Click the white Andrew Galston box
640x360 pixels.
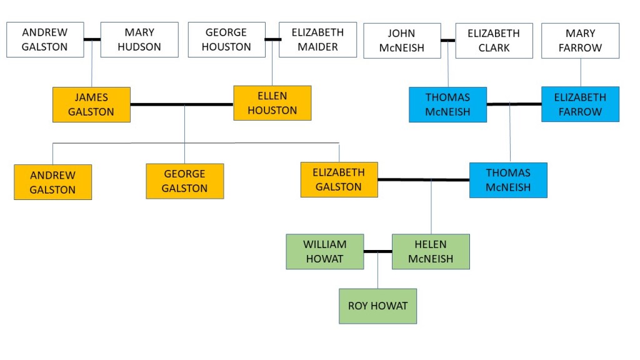pyautogui.click(x=45, y=39)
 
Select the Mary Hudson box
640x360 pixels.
pyautogui.click(x=139, y=39)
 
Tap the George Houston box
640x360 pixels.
pyautogui.click(x=226, y=39)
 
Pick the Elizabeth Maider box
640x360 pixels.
pyautogui.click(x=317, y=39)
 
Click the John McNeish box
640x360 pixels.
pyautogui.click(x=402, y=41)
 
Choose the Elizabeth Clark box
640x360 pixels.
pyautogui.click(x=494, y=41)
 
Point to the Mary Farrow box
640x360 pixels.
pyautogui.click(x=580, y=41)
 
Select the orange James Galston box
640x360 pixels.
pyautogui.click(x=91, y=104)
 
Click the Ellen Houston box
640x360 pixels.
pyautogui.click(x=272, y=103)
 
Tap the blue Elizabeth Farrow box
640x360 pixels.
pyautogui.click(x=580, y=104)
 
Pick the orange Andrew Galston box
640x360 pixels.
pyautogui.click(x=52, y=182)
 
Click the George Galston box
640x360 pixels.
pyautogui.click(x=184, y=181)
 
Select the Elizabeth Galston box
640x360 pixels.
pyautogui.click(x=339, y=179)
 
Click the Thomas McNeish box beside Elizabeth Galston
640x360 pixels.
pyautogui.click(x=508, y=180)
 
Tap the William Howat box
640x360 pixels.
pyautogui.click(x=324, y=251)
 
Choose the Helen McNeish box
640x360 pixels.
pyautogui.click(x=431, y=251)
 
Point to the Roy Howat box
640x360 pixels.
pyautogui.click(x=377, y=306)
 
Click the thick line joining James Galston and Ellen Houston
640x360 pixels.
pyautogui.click(x=181, y=104)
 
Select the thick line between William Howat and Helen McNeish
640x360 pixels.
pyautogui.click(x=377, y=252)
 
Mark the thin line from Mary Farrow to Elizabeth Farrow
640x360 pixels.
pyautogui.click(x=581, y=72)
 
